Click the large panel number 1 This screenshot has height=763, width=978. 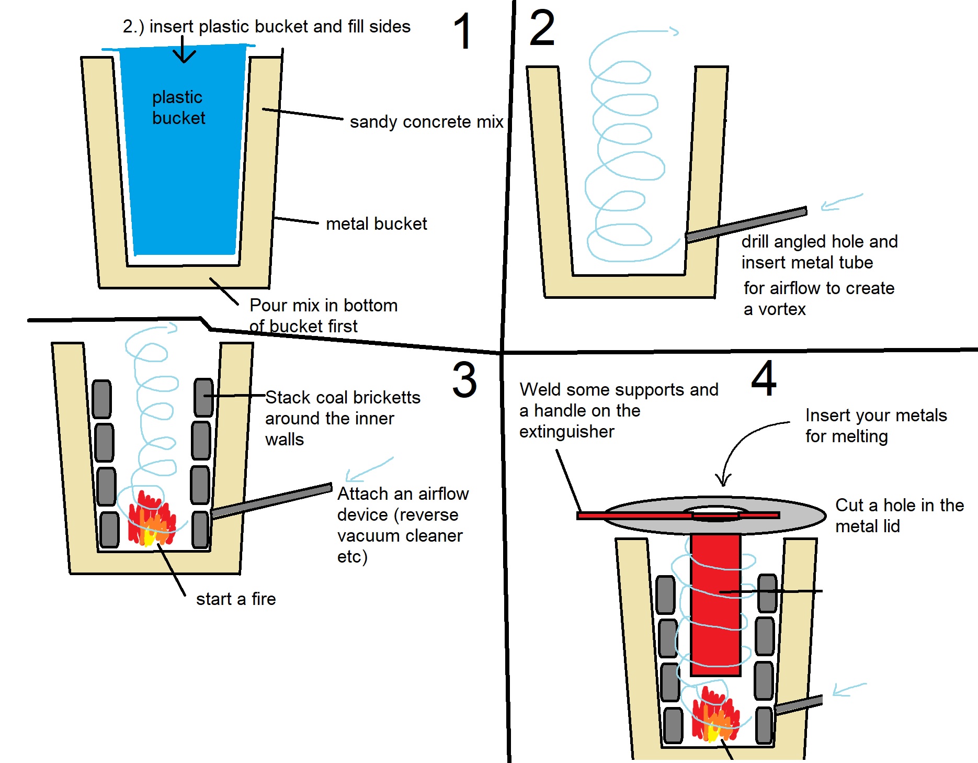(463, 32)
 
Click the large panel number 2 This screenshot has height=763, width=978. (542, 28)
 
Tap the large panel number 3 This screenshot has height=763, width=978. (464, 380)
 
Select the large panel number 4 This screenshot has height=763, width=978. (764, 378)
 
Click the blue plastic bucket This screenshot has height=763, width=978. (183, 157)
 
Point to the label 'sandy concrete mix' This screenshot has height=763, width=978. (426, 122)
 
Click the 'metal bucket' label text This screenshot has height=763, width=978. (376, 224)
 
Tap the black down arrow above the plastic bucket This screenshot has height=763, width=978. (183, 50)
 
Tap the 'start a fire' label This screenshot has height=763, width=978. (236, 599)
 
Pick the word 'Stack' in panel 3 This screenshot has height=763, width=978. (287, 398)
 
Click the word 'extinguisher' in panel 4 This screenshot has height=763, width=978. (567, 432)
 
